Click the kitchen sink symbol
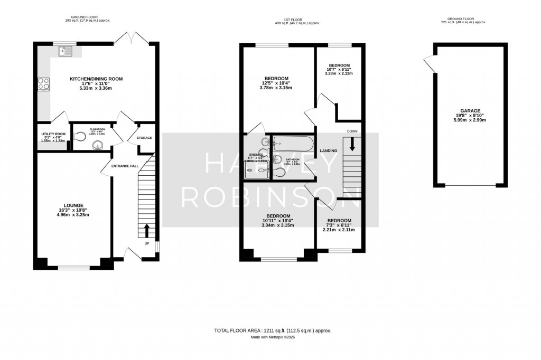pos(65,51)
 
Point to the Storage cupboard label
pos(144,138)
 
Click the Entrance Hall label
pos(125,166)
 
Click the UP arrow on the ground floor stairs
pos(147,231)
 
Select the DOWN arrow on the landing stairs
pos(352,144)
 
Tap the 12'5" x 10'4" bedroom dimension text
pos(276,84)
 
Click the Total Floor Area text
pos(272,330)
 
